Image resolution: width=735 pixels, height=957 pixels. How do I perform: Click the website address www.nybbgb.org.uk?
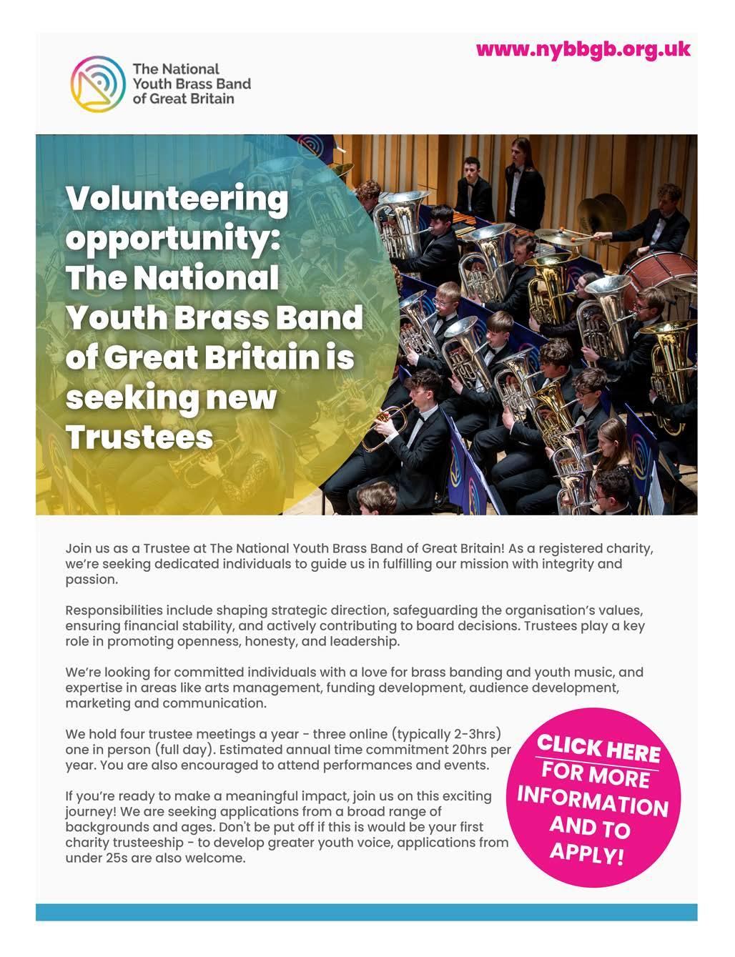click(x=583, y=49)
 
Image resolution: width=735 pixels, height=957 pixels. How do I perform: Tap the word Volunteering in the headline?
click(x=177, y=200)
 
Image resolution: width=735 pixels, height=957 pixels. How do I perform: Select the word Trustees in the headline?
click(x=139, y=436)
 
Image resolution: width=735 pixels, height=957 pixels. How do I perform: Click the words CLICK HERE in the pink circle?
click(x=599, y=748)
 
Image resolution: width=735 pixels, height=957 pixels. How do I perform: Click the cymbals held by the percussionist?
click(x=601, y=211)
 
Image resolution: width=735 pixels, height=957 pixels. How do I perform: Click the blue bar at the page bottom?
click(x=366, y=912)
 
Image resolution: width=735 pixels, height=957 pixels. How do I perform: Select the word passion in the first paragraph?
click(x=91, y=580)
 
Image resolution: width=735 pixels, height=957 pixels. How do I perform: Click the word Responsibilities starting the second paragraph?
click(x=114, y=610)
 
